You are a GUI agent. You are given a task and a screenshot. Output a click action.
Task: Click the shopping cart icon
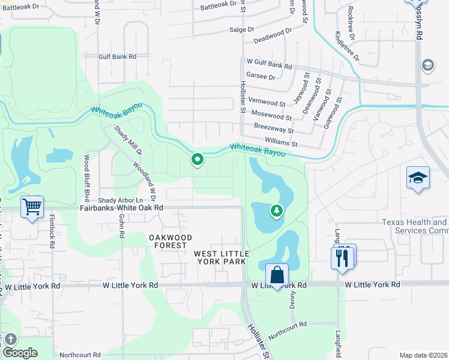(32, 207)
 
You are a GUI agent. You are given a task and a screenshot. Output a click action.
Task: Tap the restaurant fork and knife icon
(343, 257)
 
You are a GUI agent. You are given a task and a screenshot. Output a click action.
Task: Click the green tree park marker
(276, 211)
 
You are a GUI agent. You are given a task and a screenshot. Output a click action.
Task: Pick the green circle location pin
(197, 160)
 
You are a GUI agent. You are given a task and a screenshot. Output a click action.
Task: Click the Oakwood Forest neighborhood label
(170, 241)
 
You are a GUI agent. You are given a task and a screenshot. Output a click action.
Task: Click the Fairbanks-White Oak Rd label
(122, 208)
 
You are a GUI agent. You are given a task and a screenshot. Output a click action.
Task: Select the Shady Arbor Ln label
(121, 200)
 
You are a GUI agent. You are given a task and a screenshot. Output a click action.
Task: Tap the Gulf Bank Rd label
(118, 56)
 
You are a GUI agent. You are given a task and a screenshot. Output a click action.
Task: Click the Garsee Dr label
(264, 77)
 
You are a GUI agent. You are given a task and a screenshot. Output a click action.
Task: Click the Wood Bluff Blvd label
(87, 173)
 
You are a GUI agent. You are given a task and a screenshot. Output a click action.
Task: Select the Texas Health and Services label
(415, 226)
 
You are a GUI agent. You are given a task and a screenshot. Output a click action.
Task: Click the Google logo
(20, 353)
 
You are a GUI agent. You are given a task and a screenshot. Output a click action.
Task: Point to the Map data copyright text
(424, 355)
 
